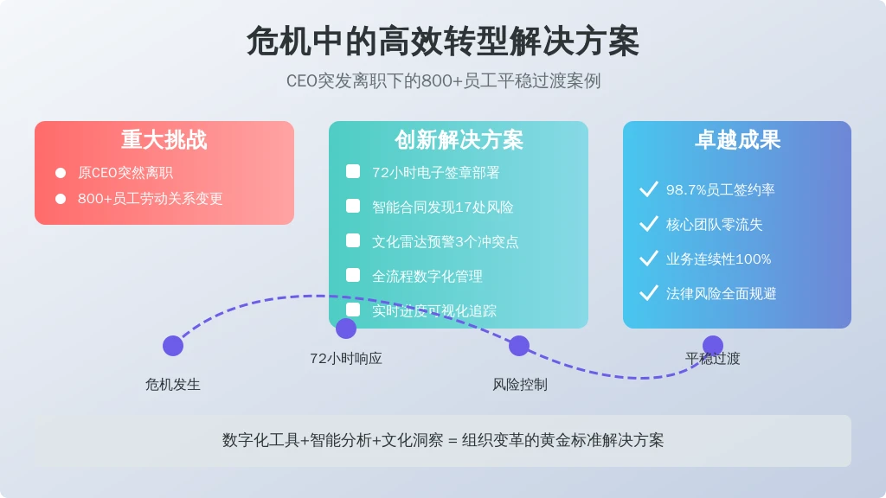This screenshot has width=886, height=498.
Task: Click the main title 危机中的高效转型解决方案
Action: click(443, 41)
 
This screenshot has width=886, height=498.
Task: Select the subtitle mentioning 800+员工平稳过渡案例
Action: click(443, 81)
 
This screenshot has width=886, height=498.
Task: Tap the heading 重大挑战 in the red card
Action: click(164, 140)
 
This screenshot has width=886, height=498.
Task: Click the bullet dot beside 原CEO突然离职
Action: click(61, 173)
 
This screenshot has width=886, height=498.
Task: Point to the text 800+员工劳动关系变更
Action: click(151, 199)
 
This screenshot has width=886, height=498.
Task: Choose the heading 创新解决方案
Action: click(459, 140)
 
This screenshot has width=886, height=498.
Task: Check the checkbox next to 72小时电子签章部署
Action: click(353, 172)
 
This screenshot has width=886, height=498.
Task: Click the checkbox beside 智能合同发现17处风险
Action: click(353, 207)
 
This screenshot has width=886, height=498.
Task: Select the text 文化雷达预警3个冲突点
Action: click(446, 242)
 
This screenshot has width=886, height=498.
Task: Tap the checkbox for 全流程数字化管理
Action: click(353, 275)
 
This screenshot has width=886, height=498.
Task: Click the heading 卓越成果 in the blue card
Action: click(737, 140)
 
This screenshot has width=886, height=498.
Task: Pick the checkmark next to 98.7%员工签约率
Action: click(648, 189)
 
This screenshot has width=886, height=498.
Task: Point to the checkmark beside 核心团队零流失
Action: click(648, 224)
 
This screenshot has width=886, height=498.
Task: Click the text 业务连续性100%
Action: click(718, 259)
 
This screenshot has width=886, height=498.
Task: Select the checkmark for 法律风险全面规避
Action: click(648, 293)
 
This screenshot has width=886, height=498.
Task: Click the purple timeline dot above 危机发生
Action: click(173, 346)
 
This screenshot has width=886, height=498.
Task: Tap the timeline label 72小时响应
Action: click(346, 358)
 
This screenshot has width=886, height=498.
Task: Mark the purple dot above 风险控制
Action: click(519, 346)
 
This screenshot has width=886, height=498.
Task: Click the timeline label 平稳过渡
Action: click(713, 358)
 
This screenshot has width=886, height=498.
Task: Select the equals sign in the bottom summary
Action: click(451, 441)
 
